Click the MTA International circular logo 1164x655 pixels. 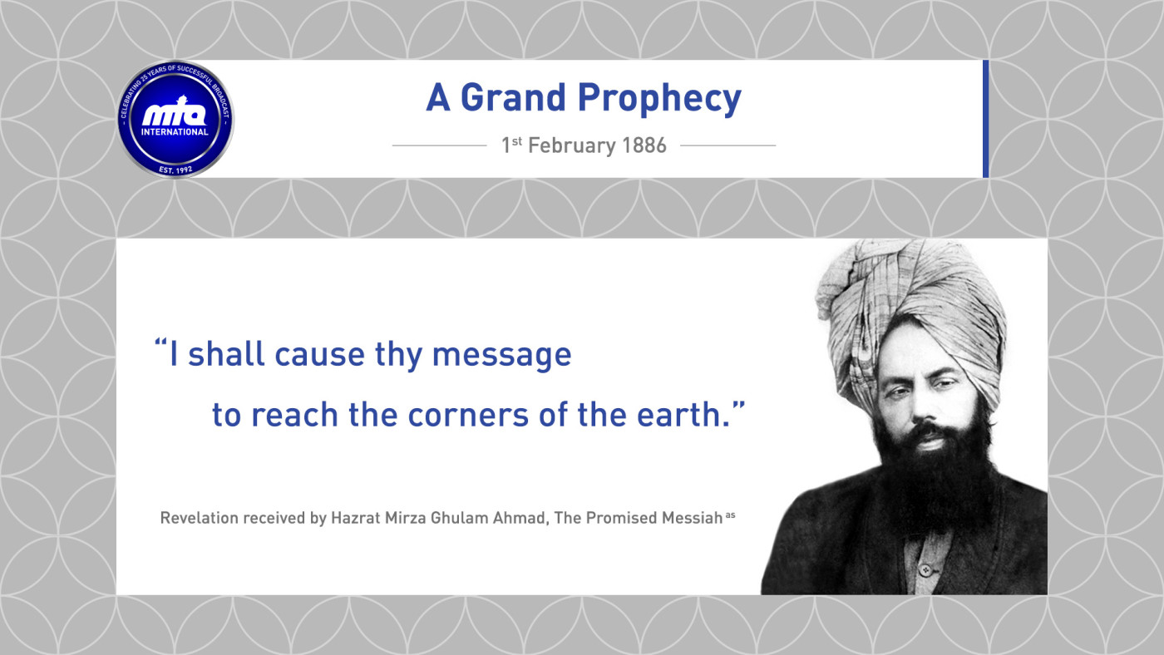pyautogui.click(x=175, y=120)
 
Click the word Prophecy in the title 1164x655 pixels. pyautogui.click(x=659, y=99)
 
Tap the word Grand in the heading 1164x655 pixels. pyautogui.click(x=513, y=97)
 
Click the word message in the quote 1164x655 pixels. pyautogui.click(x=501, y=356)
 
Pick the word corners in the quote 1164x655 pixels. pyautogui.click(x=467, y=415)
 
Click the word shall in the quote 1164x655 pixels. pyautogui.click(x=226, y=353)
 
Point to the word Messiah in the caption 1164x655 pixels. pyautogui.click(x=692, y=518)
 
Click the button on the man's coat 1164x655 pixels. pyautogui.click(x=925, y=570)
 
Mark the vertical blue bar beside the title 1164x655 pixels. pyautogui.click(x=986, y=119)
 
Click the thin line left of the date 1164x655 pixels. pyautogui.click(x=439, y=146)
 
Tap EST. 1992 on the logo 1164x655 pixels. pyautogui.click(x=175, y=170)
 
